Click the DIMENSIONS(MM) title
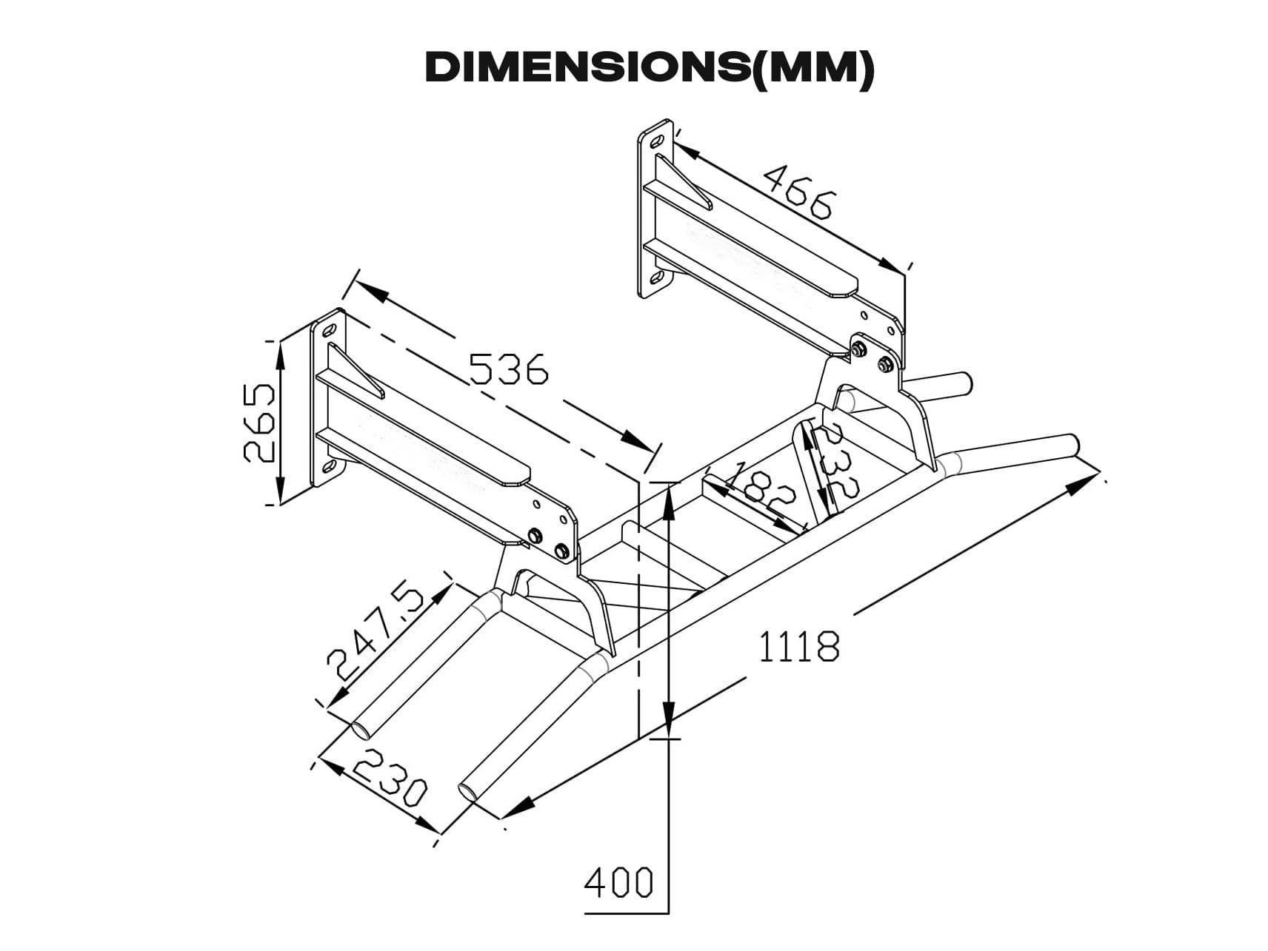coord(650,68)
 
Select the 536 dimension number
coord(510,369)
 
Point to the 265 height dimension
coord(259,422)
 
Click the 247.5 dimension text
coord(376,634)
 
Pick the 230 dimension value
coord(388,778)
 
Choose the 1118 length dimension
coord(799,646)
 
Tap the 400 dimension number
coord(618,882)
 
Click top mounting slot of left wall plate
coord(330,329)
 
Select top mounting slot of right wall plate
coord(656,140)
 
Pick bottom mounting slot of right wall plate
coord(656,278)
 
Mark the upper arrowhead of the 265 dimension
coord(280,355)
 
